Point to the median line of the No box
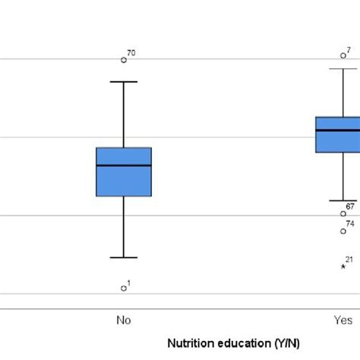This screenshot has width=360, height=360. click(x=124, y=165)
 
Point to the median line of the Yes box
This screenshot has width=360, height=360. click(x=338, y=130)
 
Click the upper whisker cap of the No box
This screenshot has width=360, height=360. click(x=124, y=81)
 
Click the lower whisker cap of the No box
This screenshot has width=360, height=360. click(x=124, y=257)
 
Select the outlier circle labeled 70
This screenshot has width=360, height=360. click(x=124, y=59)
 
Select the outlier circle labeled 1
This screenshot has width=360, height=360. click(x=124, y=288)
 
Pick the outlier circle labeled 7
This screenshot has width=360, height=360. click(x=343, y=55)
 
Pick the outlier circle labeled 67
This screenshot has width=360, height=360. click(x=343, y=213)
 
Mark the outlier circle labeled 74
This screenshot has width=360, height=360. click(x=343, y=231)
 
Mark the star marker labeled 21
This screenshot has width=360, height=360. click(x=343, y=266)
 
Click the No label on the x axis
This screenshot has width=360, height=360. click(x=124, y=320)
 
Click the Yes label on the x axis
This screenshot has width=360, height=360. click(x=343, y=320)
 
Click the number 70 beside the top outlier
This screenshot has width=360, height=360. click(x=131, y=53)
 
